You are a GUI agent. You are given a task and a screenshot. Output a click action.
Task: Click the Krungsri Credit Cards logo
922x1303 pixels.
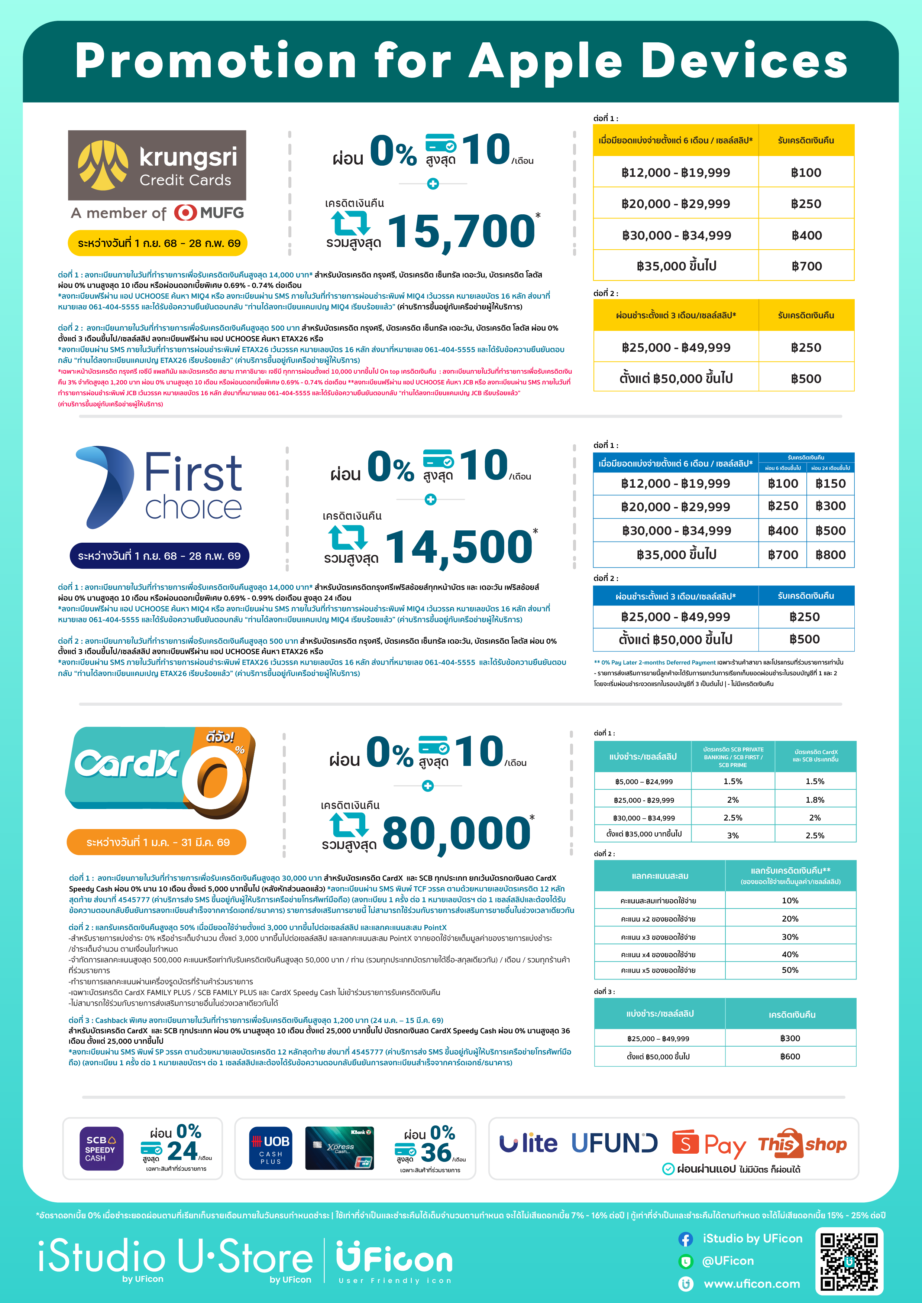tap(157, 165)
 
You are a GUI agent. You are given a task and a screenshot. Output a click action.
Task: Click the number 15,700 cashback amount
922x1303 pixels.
tap(460, 231)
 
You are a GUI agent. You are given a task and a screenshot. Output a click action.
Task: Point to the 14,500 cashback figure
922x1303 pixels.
tap(458, 546)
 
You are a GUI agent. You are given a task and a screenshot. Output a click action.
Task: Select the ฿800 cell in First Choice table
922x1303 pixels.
tap(830, 555)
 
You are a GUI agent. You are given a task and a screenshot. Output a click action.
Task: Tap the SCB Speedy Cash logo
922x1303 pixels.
tap(101, 1148)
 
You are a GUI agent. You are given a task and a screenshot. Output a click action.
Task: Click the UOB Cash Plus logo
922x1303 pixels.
tap(271, 1148)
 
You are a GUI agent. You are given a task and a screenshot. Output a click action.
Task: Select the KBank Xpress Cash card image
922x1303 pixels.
tap(340, 1148)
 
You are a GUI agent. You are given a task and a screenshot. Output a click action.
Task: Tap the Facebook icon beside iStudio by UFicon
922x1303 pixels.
tap(685, 1239)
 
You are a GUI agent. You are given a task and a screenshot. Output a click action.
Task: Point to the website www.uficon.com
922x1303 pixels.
tap(752, 1284)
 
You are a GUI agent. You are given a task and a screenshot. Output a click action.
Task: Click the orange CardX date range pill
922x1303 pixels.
tap(157, 842)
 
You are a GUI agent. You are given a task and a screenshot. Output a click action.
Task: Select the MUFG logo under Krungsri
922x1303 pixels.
tap(209, 213)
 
